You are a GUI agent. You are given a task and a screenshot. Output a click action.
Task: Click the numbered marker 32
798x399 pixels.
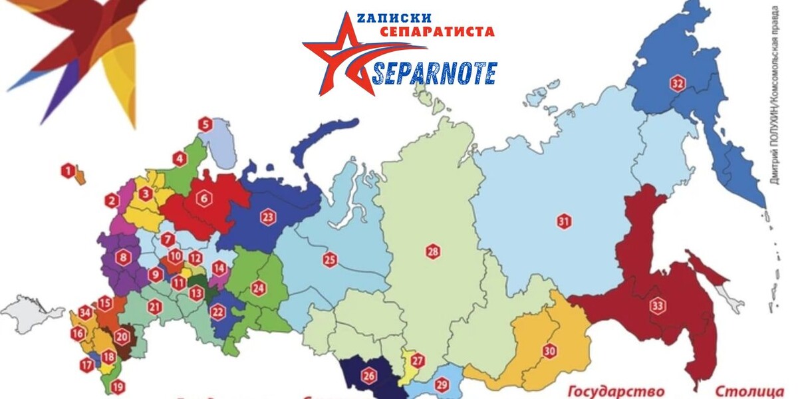point(678,83)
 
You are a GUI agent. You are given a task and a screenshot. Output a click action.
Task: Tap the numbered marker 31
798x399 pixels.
point(564,222)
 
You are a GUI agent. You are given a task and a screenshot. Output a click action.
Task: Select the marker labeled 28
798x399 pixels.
point(434,251)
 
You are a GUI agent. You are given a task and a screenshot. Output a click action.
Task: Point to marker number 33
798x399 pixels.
point(658,306)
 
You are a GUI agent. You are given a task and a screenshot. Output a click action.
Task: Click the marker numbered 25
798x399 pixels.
point(330,259)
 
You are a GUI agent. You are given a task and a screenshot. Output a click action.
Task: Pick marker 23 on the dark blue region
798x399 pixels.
point(268,217)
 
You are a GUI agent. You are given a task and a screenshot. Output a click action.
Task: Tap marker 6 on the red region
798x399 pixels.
point(203,198)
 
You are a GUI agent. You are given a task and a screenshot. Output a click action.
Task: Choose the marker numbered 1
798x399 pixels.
point(67,171)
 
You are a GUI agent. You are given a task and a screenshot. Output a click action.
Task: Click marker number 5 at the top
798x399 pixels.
point(205,124)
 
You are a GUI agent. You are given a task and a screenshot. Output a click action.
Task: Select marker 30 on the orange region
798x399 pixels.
point(549,351)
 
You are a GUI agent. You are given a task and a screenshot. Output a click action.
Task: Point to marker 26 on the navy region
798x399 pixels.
point(368,376)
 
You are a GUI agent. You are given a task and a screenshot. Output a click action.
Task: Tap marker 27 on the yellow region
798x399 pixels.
point(417,362)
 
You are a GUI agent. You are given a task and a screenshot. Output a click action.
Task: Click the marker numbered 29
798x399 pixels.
point(442,384)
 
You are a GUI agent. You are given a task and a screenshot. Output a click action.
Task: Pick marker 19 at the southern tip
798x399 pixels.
point(118,386)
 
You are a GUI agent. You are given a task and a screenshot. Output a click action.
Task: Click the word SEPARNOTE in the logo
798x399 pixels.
point(434,72)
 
